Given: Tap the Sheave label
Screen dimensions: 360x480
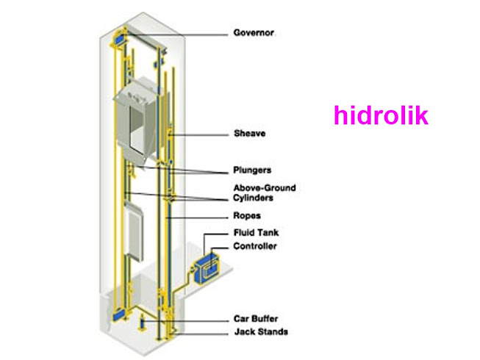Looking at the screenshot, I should tap(249, 134).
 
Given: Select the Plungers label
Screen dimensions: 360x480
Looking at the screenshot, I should tap(253, 171).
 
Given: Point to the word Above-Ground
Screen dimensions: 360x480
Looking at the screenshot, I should tap(264, 188).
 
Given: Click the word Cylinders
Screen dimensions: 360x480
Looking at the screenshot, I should tap(254, 198).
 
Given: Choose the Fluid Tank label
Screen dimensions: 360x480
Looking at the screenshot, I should tap(256, 233).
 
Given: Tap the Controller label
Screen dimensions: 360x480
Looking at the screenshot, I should tap(254, 246).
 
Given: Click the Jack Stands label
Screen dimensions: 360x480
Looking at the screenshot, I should tap(260, 332).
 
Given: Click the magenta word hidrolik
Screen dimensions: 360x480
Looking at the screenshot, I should tap(380, 115).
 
